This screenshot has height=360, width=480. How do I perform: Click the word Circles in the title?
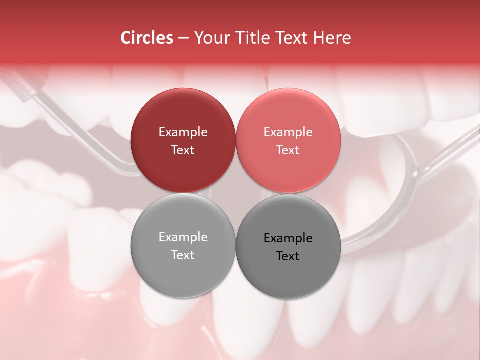point(146,38)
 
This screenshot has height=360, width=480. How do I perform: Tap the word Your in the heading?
point(210,38)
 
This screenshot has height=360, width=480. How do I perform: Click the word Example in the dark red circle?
point(183,132)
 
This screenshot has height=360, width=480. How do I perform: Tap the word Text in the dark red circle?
point(183,150)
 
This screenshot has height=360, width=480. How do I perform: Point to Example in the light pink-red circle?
point(288,132)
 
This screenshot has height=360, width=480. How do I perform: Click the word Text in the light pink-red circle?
point(288,150)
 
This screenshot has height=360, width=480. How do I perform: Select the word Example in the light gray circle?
point(183,237)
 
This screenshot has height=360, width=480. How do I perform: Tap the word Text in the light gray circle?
point(183,255)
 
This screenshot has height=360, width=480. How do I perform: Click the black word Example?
point(288,238)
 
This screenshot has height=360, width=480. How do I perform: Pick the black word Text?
point(288,256)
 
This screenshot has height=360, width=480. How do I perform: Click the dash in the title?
point(183,38)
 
